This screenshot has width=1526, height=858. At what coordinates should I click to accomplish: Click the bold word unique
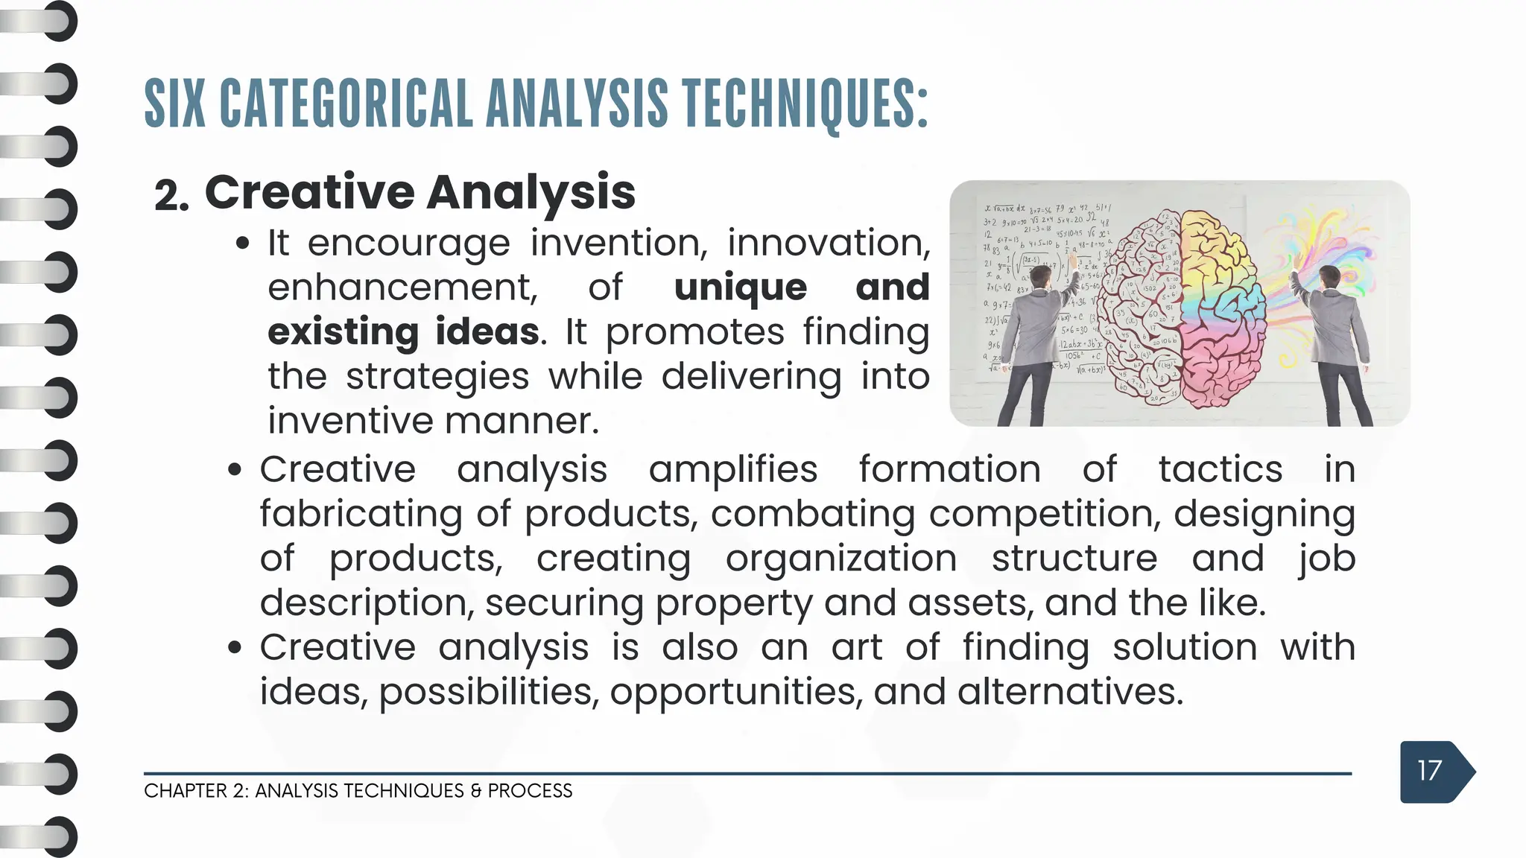click(740, 287)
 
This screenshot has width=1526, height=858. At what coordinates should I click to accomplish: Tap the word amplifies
click(733, 470)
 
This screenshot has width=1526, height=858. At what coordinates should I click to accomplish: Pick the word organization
click(841, 559)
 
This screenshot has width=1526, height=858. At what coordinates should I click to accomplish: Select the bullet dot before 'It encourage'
click(242, 244)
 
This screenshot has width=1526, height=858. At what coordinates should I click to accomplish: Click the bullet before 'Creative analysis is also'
click(235, 648)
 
